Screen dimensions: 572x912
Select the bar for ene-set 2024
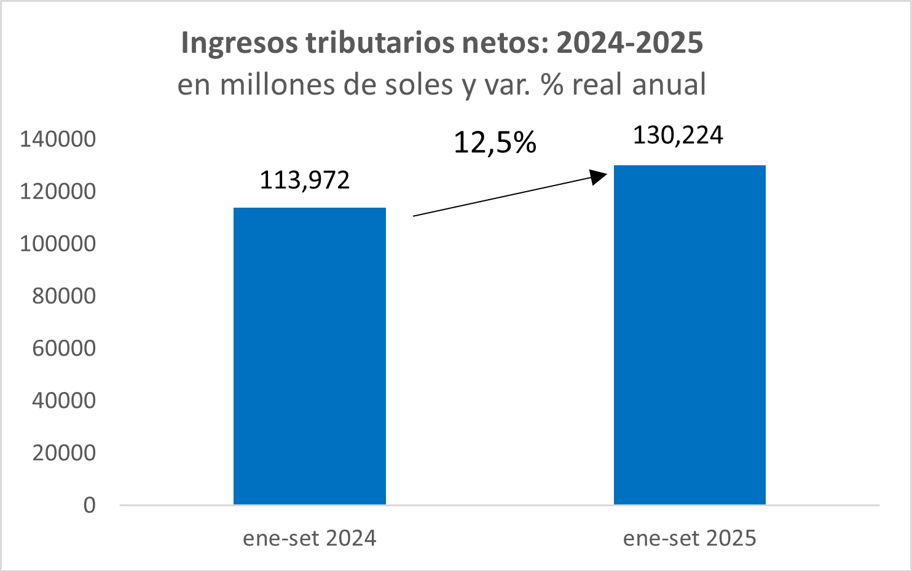pyautogui.click(x=310, y=356)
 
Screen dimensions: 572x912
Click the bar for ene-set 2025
pyautogui.click(x=690, y=335)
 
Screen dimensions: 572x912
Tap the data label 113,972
pyautogui.click(x=305, y=180)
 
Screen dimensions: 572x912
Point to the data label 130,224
pyautogui.click(x=678, y=135)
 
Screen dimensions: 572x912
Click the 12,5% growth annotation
pyautogui.click(x=495, y=143)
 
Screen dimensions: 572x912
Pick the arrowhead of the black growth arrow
pyautogui.click(x=599, y=177)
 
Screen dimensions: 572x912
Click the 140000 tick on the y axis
pyautogui.click(x=58, y=139)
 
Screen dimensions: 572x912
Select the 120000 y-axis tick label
pyautogui.click(x=58, y=191)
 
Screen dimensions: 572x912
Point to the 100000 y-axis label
pyautogui.click(x=58, y=243)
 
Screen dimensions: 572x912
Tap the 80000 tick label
pyautogui.click(x=64, y=296)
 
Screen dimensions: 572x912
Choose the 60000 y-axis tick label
pyautogui.click(x=64, y=348)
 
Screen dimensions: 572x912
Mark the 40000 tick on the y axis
pyautogui.click(x=64, y=400)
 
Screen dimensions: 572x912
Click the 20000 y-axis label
pyautogui.click(x=64, y=453)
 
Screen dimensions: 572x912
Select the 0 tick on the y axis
pyautogui.click(x=90, y=505)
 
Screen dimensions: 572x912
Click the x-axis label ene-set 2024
pyautogui.click(x=310, y=538)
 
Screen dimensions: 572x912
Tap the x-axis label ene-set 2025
pyautogui.click(x=690, y=538)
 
